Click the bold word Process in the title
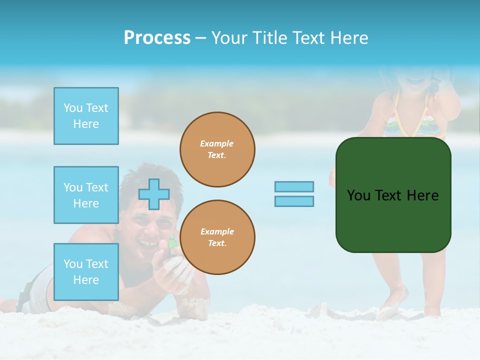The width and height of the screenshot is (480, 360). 157,38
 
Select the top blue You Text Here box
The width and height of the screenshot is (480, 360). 86,116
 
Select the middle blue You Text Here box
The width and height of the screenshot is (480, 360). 86,195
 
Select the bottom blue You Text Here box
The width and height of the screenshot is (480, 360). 86,272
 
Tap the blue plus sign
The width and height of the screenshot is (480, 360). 154,194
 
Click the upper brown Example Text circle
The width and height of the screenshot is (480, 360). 217,149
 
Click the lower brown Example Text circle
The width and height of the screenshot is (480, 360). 217,237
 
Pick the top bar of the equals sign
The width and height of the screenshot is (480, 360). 294,187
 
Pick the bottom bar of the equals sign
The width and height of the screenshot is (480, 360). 294,201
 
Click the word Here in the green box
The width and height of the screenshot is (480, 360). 422,195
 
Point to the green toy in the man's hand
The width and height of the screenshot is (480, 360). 172,243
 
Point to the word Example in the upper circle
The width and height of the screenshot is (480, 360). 217,143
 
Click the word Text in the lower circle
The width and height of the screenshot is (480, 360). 216,243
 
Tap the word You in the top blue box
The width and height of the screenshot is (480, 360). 73,108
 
